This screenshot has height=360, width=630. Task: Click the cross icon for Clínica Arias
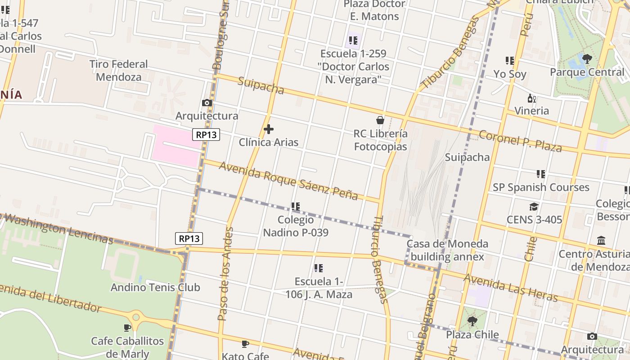coord(269,130)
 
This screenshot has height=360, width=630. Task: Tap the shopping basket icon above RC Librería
coord(380,120)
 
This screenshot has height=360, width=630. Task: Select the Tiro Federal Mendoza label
coord(118,70)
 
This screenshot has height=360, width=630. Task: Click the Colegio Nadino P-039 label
coord(296,226)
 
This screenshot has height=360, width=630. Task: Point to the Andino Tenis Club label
coord(155,287)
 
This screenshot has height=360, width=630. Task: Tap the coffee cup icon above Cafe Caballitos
coord(127,328)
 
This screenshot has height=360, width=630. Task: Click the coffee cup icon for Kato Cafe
coord(245,344)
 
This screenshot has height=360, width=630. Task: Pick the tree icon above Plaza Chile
coord(472,321)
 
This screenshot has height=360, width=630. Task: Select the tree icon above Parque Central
coord(587,58)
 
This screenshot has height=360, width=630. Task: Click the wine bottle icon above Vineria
coord(531,98)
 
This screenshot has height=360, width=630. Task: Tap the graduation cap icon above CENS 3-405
coord(534,207)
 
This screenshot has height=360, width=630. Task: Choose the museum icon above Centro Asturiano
coord(601,241)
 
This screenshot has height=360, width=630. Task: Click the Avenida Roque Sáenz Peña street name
coord(288,180)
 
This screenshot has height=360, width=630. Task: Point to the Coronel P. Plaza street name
coord(520,141)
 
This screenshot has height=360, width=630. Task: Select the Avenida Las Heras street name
coord(511,288)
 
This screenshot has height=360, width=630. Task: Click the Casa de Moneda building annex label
coord(447,250)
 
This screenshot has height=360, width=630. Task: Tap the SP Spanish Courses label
coord(541,187)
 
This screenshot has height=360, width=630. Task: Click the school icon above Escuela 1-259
coord(353,40)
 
